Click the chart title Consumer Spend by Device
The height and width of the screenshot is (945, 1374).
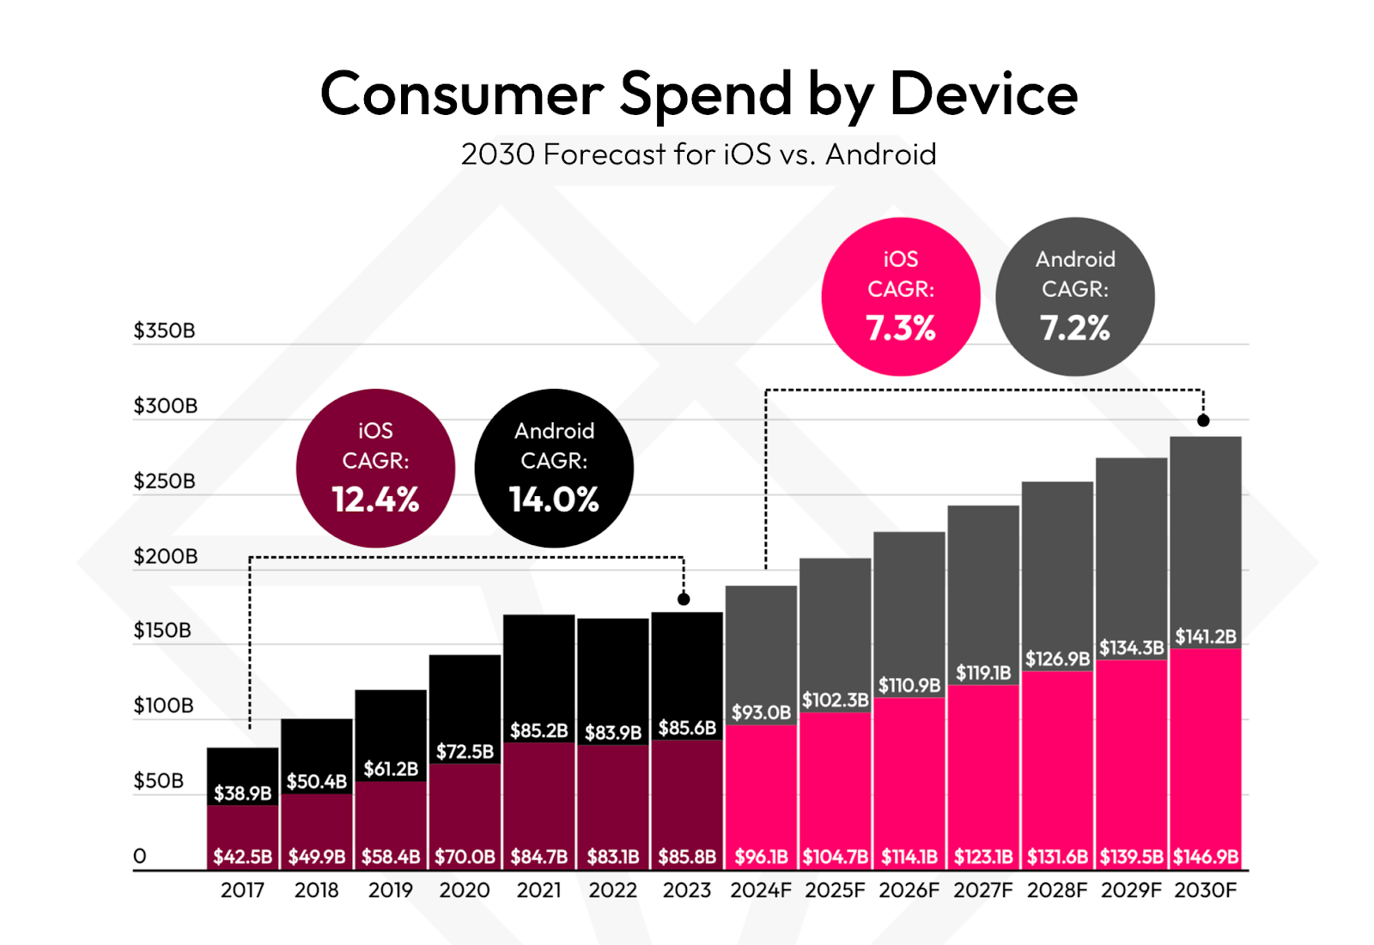(x=698, y=94)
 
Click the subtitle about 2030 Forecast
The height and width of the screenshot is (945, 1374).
(x=698, y=154)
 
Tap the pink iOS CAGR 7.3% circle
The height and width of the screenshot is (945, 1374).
(x=900, y=296)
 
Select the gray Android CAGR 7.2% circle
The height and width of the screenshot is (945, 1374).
(x=1074, y=296)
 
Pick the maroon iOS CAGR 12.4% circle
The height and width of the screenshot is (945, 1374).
(x=375, y=468)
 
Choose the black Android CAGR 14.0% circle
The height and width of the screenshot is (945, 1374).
(x=554, y=468)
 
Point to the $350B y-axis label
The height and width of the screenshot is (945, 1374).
(x=164, y=330)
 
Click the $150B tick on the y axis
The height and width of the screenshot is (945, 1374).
(x=162, y=631)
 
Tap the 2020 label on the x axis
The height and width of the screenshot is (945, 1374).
(x=465, y=890)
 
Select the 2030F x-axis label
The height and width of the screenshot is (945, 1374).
(x=1206, y=890)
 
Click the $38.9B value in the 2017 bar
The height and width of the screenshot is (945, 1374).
(x=242, y=793)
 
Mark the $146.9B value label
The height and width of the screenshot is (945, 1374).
(x=1206, y=857)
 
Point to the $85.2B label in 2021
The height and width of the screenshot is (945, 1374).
(x=538, y=730)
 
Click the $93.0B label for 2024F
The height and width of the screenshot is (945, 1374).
(x=761, y=712)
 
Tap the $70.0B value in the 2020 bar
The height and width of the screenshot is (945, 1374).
(x=465, y=857)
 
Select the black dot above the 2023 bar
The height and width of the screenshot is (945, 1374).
(x=684, y=599)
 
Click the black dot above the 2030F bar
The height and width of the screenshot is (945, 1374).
(x=1203, y=421)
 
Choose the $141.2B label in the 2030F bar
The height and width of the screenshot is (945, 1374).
(x=1206, y=636)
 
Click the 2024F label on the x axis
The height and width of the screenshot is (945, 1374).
(x=761, y=890)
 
